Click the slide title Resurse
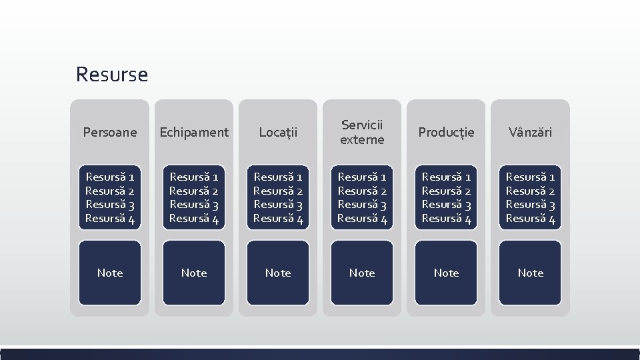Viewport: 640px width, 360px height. tap(112, 74)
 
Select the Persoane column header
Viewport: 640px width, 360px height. tap(110, 133)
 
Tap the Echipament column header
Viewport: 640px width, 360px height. tap(194, 133)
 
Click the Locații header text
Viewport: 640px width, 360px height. tap(278, 133)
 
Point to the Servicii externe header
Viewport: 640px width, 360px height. tap(362, 132)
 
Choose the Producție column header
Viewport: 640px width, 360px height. tap(446, 133)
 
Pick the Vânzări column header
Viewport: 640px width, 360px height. tap(530, 133)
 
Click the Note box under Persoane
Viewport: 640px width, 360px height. tap(110, 273)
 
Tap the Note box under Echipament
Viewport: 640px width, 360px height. tap(194, 273)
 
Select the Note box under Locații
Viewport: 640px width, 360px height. tap(278, 273)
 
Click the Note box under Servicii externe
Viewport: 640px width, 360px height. tap(362, 273)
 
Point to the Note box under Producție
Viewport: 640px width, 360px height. tap(446, 273)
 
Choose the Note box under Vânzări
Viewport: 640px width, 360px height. tap(530, 273)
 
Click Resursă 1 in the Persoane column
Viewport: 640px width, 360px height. tap(110, 177)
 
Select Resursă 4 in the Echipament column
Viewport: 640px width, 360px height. tap(194, 218)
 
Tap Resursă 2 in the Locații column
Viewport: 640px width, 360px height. tap(278, 191)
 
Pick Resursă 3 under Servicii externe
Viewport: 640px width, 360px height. tap(362, 205)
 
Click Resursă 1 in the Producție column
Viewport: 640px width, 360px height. tap(446, 177)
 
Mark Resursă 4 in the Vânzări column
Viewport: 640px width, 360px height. tap(530, 218)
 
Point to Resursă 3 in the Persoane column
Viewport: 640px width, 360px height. tap(110, 205)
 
